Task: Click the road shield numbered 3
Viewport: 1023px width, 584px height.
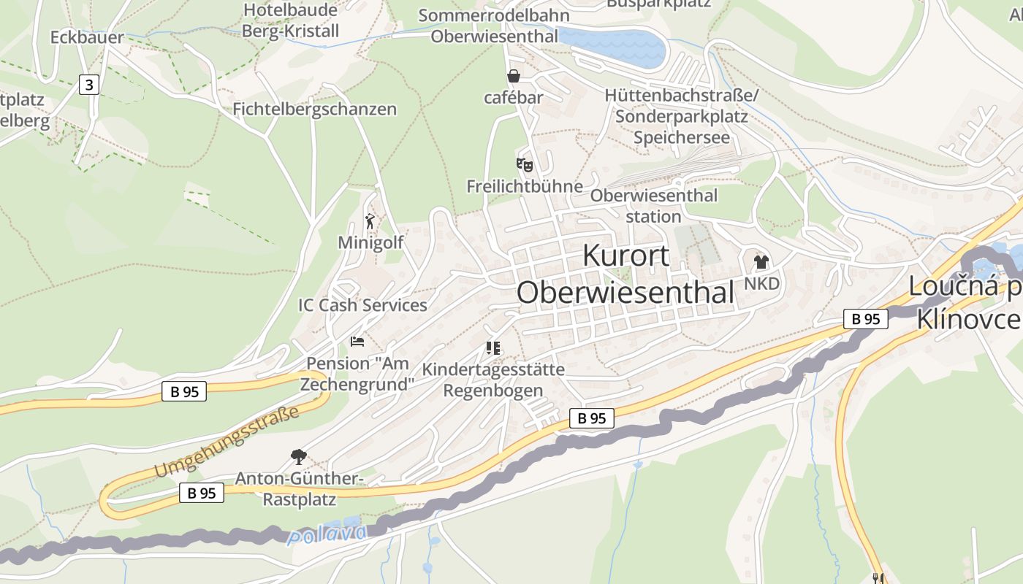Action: click(88, 85)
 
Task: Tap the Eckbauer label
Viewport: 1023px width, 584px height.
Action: click(87, 37)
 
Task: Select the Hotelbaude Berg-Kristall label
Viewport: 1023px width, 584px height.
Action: click(291, 20)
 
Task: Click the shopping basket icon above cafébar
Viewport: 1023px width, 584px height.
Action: click(514, 76)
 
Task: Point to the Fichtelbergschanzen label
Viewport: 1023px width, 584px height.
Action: click(314, 109)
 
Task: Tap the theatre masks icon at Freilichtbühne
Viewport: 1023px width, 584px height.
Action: click(524, 164)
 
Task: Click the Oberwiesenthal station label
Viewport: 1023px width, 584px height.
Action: click(653, 206)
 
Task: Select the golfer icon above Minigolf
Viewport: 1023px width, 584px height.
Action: click(370, 220)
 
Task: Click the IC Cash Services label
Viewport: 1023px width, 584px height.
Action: click(362, 305)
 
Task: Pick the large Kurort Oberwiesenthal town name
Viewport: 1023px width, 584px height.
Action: click(625, 274)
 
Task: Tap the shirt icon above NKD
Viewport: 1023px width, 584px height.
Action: click(761, 262)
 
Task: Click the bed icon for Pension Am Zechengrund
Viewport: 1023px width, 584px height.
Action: click(357, 341)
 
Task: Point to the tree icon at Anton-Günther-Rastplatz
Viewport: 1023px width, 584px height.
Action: click(298, 458)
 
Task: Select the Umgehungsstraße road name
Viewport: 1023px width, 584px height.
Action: click(228, 442)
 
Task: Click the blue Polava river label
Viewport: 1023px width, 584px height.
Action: click(327, 534)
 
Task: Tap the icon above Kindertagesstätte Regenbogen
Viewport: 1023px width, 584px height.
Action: click(493, 348)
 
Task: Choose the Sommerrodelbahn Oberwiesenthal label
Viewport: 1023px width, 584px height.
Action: click(494, 26)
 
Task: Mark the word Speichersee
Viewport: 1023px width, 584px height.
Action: click(681, 137)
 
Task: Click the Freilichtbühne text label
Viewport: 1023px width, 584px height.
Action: click(525, 186)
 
